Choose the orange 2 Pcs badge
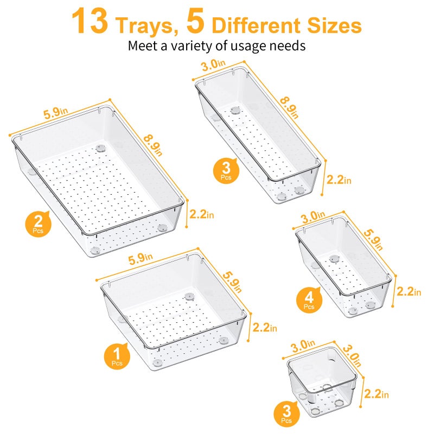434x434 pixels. [37, 223]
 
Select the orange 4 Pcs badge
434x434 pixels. [309, 299]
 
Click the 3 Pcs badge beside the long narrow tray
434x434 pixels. [224, 170]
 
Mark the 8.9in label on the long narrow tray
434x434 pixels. [289, 106]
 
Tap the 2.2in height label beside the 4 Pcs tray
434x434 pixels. [407, 291]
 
